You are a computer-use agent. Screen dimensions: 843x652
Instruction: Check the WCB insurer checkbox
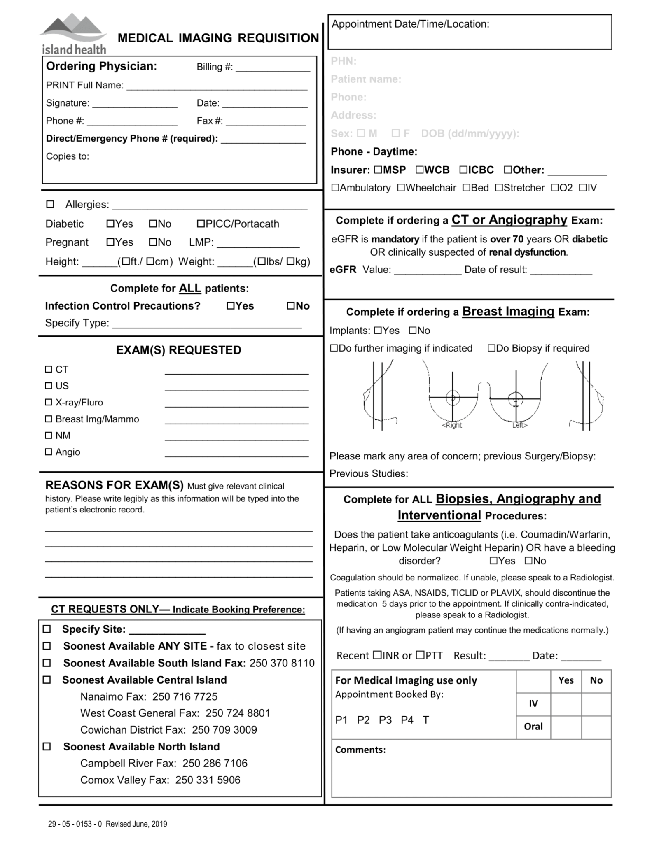(420, 170)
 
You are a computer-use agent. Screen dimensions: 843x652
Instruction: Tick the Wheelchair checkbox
(401, 188)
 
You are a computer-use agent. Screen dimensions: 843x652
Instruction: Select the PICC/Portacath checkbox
(201, 224)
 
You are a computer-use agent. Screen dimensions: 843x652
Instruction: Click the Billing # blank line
(273, 69)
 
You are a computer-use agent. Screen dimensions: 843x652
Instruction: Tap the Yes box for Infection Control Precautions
(231, 305)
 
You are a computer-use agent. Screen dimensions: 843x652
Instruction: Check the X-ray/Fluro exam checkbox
(49, 402)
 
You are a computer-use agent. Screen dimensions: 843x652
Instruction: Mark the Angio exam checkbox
(49, 452)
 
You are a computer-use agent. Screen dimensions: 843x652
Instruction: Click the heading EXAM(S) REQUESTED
(178, 350)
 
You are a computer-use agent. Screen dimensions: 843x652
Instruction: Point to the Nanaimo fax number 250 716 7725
(185, 696)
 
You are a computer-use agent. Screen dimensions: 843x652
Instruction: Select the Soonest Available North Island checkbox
(47, 746)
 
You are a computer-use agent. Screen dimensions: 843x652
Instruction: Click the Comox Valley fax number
(208, 780)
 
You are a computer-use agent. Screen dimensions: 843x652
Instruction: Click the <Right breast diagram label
(452, 425)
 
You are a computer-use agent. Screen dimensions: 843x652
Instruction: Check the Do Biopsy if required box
(491, 348)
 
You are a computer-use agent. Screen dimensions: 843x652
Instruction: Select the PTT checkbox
(420, 655)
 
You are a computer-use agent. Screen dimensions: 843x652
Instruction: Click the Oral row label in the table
(533, 727)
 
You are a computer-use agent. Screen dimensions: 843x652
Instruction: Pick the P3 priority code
(385, 720)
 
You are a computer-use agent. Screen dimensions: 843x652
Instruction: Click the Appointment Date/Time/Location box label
(410, 24)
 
